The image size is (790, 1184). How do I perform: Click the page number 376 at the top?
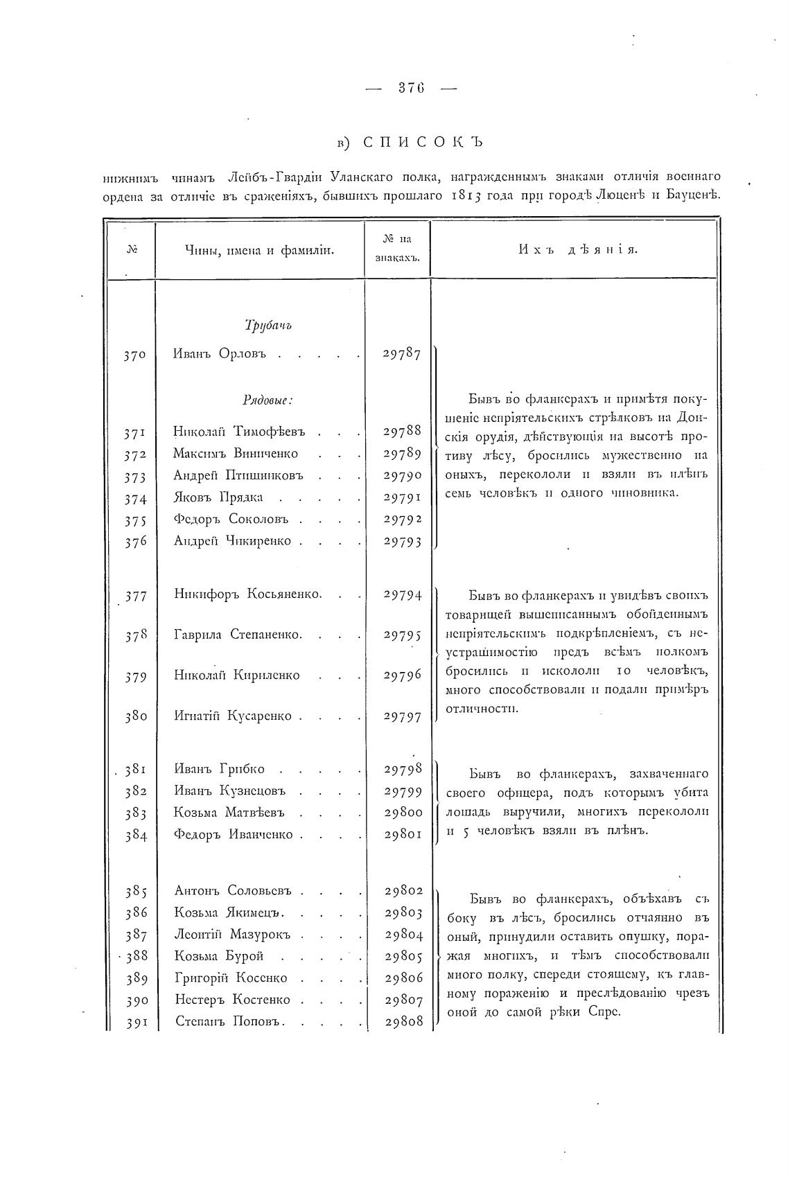pos(411,88)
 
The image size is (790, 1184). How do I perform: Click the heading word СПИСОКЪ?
pos(422,142)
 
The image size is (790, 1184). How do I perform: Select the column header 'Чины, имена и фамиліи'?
pos(260,250)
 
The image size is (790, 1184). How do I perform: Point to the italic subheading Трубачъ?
pos(268,325)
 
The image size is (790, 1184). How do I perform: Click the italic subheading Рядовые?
pos(267,400)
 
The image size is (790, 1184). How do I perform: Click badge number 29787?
pos(402,354)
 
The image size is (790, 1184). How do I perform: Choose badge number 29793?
pos(403,542)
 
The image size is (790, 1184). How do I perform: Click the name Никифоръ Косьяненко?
pos(248,594)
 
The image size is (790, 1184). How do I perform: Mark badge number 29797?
pos(403,717)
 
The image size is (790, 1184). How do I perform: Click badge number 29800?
pos(403,813)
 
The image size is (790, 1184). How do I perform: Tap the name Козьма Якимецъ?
pos(231,912)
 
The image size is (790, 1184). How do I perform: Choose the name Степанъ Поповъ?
pos(229,1021)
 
